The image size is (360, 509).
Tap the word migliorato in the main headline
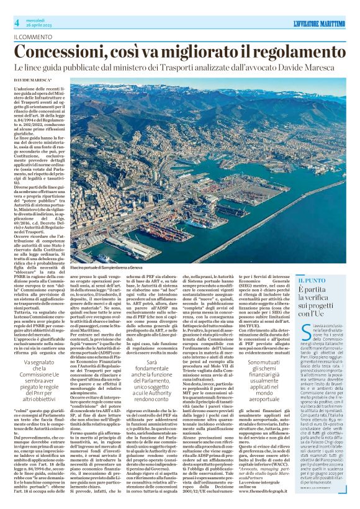click(206, 51)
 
